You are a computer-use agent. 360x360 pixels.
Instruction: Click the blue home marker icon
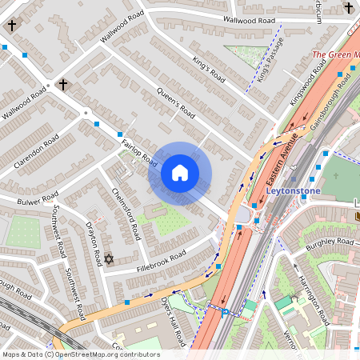[x=180, y=173]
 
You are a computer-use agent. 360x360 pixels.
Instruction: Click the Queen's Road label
[x=176, y=102]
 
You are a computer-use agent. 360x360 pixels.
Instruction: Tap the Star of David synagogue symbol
[x=110, y=259]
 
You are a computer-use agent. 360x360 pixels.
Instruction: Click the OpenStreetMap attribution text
[x=80, y=354]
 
